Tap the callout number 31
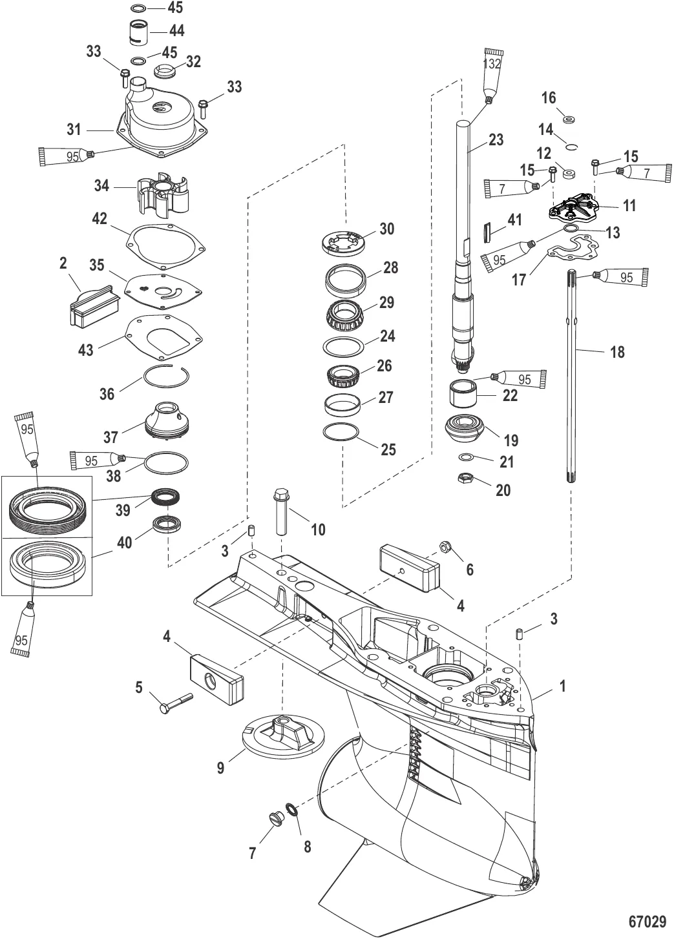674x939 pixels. point(74,130)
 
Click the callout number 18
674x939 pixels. point(617,352)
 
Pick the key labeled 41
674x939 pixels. point(488,229)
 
